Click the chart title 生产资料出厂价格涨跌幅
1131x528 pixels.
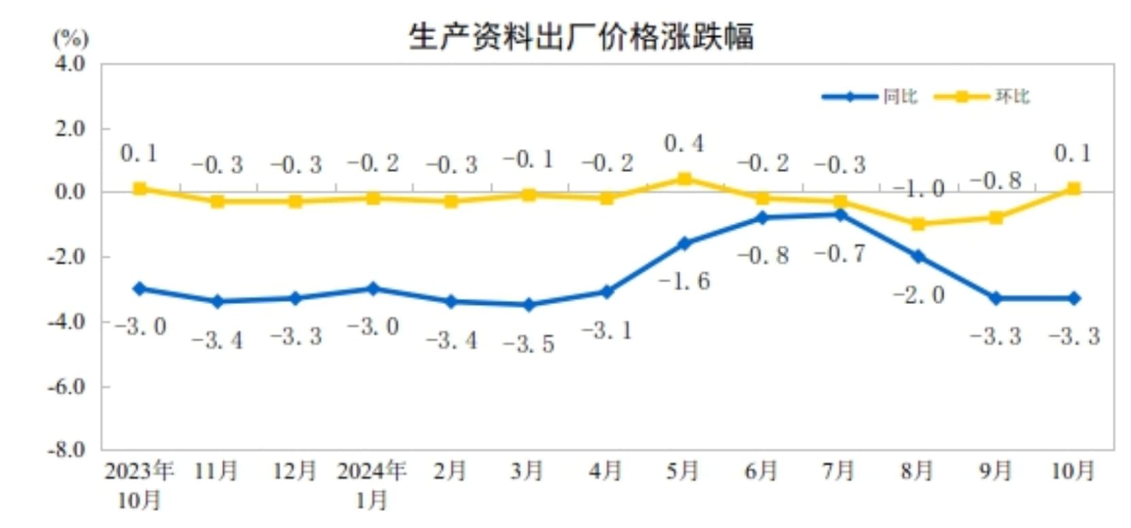(x=580, y=37)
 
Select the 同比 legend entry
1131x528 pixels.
(x=900, y=97)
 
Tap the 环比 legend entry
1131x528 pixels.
(x=1012, y=97)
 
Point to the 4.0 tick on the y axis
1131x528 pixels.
(x=70, y=64)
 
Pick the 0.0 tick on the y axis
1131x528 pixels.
(x=70, y=193)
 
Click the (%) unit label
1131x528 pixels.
(x=71, y=38)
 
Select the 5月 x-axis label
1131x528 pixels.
(x=683, y=471)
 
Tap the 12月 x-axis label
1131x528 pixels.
(x=294, y=471)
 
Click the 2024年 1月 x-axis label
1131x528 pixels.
(x=372, y=484)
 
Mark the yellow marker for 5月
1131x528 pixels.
(x=684, y=179)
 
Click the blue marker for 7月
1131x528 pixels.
(x=840, y=215)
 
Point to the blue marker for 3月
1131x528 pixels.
(x=528, y=305)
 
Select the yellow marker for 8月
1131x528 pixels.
(x=917, y=224)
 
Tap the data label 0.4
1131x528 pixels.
(x=683, y=144)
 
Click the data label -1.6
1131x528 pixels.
(x=684, y=280)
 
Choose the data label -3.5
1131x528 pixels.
(x=529, y=344)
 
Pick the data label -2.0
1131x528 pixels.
(x=919, y=295)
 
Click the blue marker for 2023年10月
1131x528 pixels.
(x=140, y=288)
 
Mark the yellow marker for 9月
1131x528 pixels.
(x=996, y=218)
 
